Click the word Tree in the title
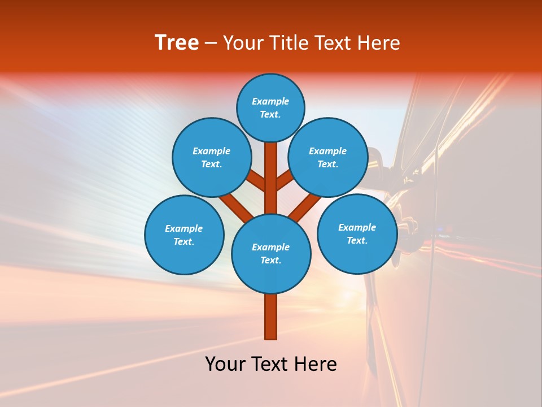(x=177, y=43)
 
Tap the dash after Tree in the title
(x=211, y=44)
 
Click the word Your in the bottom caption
(x=226, y=364)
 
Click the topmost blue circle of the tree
(x=270, y=107)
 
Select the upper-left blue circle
(x=211, y=157)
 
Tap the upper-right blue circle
(x=327, y=157)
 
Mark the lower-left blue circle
(x=184, y=235)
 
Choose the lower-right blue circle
(x=357, y=233)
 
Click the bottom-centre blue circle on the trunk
(x=271, y=253)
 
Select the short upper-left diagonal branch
(x=256, y=181)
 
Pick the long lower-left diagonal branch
(x=236, y=206)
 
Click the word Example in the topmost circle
(x=270, y=102)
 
